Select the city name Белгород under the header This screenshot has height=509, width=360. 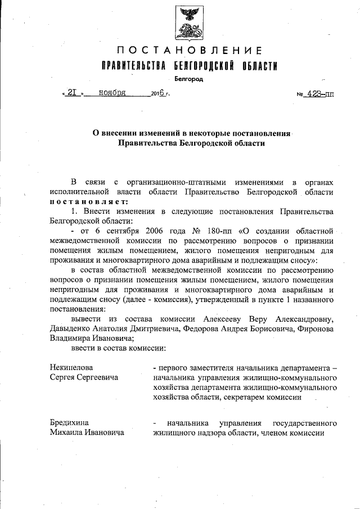click(188, 79)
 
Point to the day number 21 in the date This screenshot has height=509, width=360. click(72, 93)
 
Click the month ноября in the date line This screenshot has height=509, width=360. click(112, 93)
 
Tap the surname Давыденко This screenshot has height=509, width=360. click(71, 328)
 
